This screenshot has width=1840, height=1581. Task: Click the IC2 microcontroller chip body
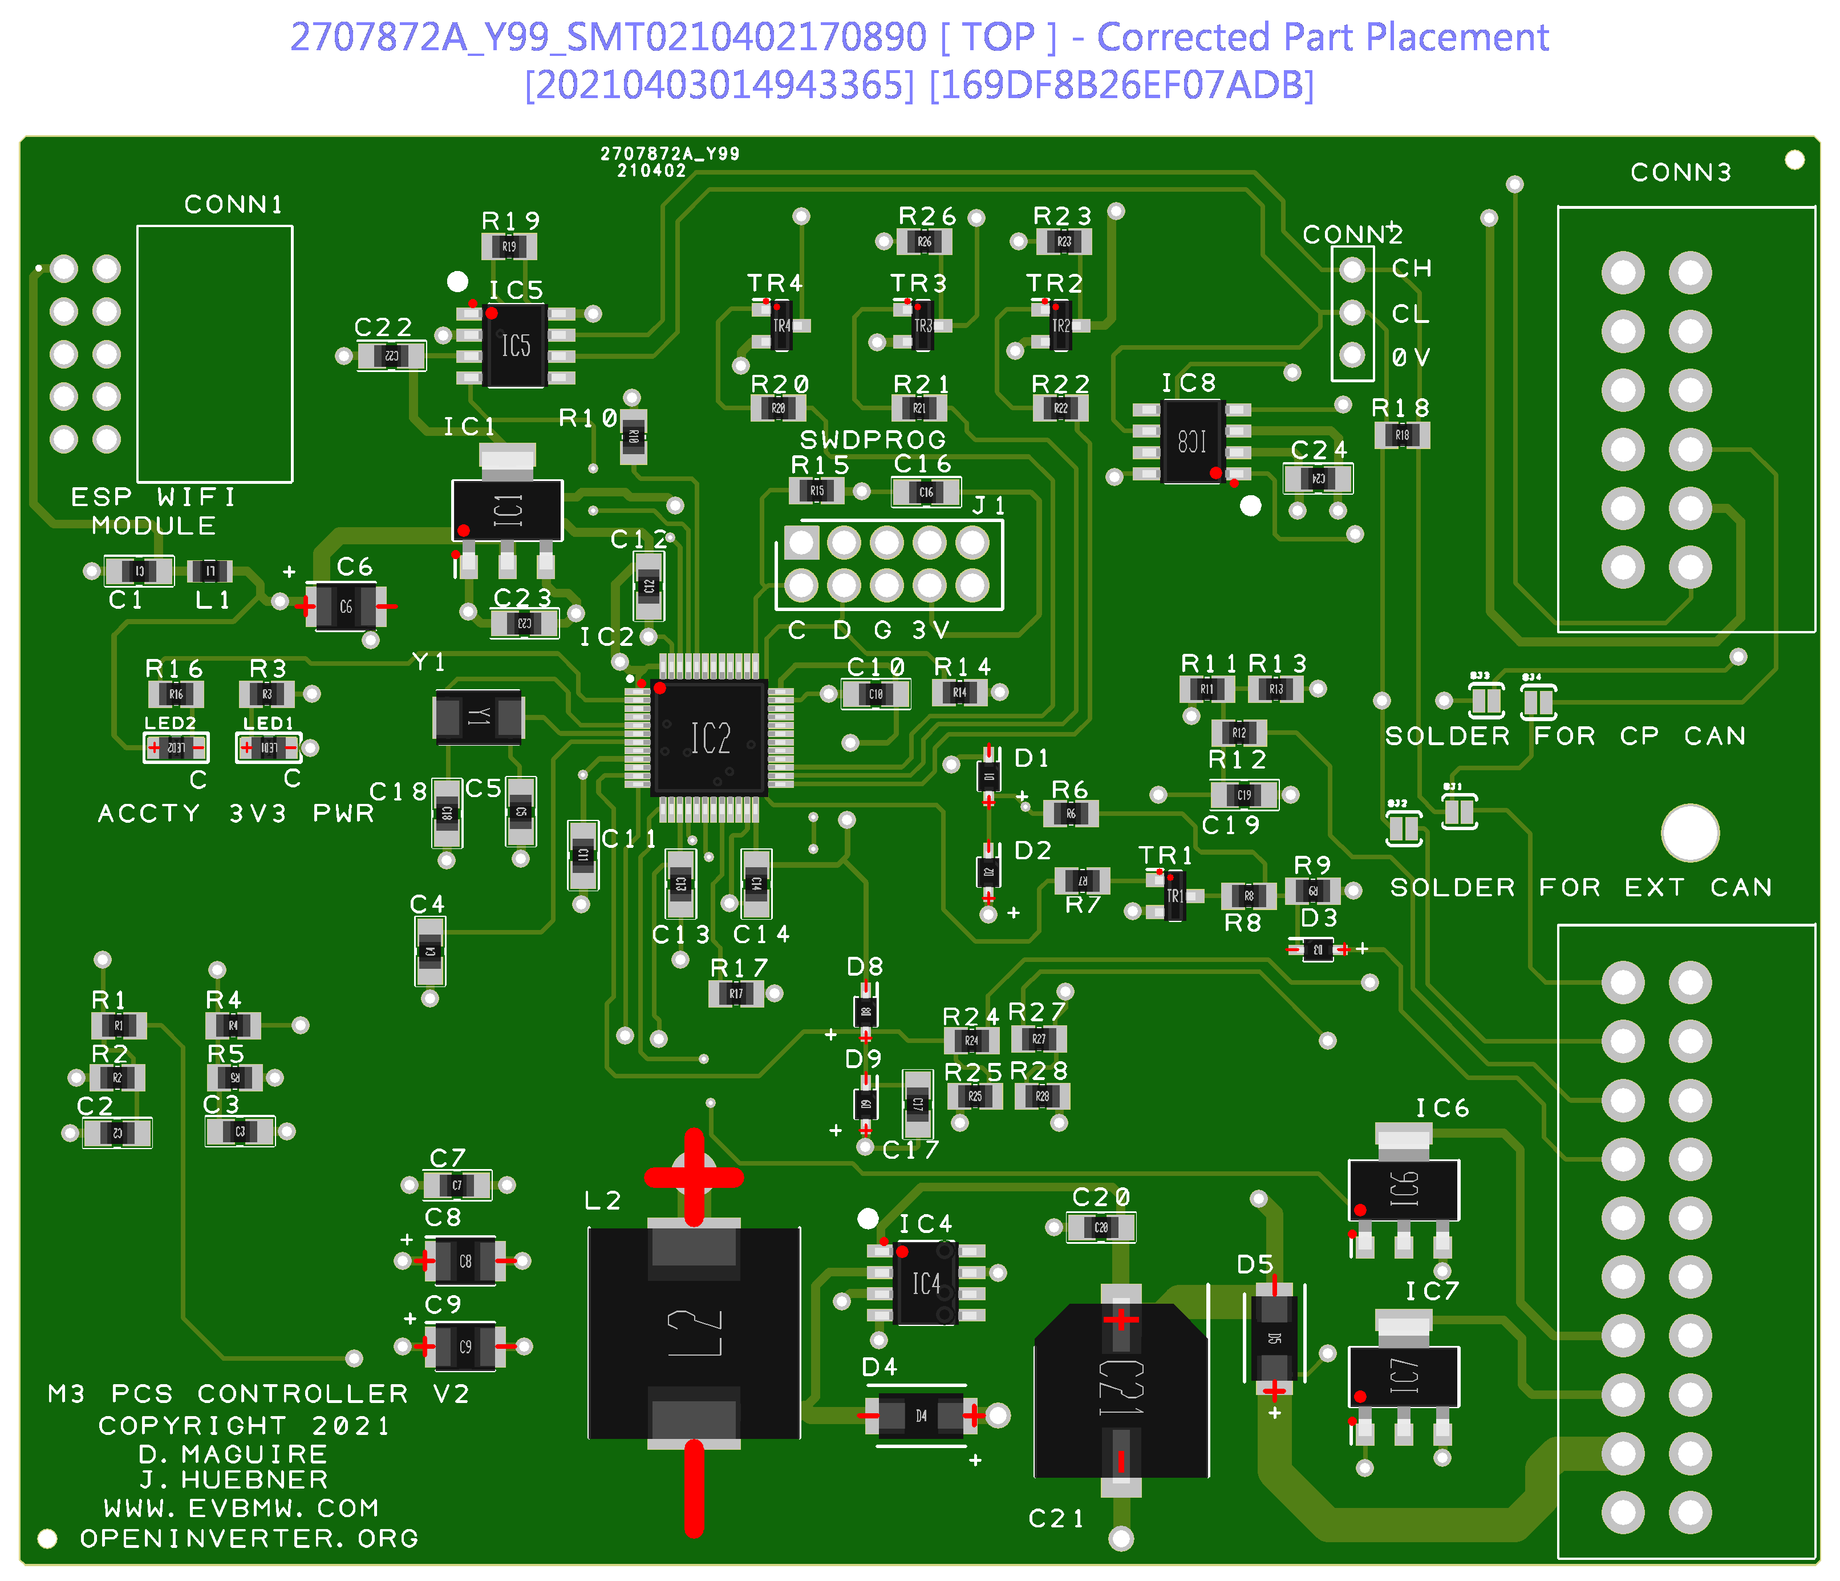[708, 737]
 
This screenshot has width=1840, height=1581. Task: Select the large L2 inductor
[695, 1332]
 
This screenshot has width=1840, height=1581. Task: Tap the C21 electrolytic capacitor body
[1121, 1390]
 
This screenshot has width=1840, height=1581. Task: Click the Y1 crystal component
[479, 717]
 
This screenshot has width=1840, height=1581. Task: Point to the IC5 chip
[515, 346]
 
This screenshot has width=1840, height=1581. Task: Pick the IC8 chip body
[1191, 442]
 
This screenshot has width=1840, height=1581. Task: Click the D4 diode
[921, 1415]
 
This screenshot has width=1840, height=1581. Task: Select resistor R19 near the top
[509, 246]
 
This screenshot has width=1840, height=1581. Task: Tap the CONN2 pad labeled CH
[1352, 269]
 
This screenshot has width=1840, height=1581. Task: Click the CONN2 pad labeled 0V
[1352, 355]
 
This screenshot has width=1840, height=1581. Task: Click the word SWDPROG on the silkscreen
[872, 440]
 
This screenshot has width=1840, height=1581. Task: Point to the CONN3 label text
[1680, 172]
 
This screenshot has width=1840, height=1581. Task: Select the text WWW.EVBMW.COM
[241, 1508]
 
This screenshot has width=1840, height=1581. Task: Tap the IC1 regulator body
[507, 510]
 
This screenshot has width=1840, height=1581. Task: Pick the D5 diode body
[1274, 1337]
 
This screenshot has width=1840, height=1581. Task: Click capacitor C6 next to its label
[346, 606]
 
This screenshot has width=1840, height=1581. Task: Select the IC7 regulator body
[1403, 1376]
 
